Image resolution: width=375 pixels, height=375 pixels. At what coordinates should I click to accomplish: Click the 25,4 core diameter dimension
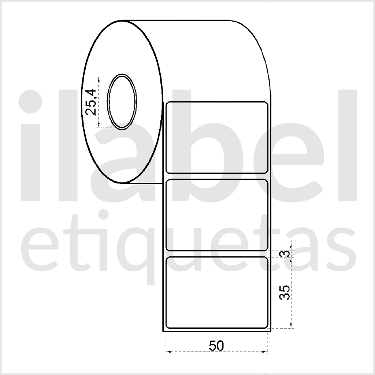coord(91,102)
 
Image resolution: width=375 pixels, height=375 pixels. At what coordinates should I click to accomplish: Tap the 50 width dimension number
coord(216,346)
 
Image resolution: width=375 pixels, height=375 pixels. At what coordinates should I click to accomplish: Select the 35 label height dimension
coord(285,292)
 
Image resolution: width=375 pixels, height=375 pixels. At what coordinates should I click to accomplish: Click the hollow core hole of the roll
coord(122,102)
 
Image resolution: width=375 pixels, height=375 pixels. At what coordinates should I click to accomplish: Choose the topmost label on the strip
coord(217,137)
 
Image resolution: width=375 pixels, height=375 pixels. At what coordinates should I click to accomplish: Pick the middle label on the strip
coord(217,215)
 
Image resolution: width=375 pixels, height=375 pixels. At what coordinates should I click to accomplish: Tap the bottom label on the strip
coord(217,293)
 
